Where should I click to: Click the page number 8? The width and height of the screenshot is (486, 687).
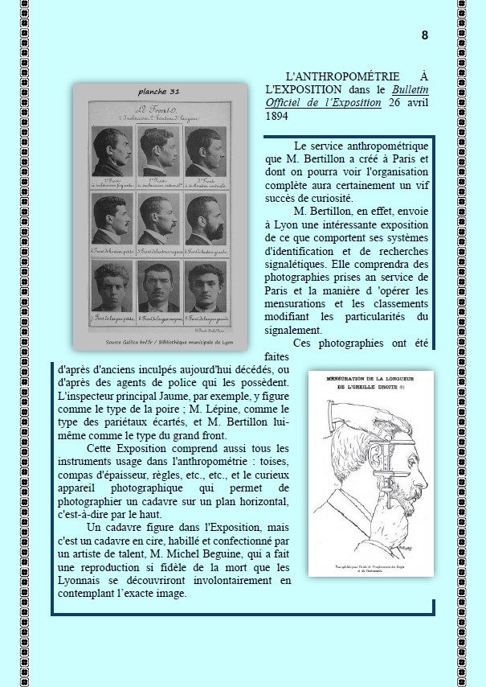tap(424, 35)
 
